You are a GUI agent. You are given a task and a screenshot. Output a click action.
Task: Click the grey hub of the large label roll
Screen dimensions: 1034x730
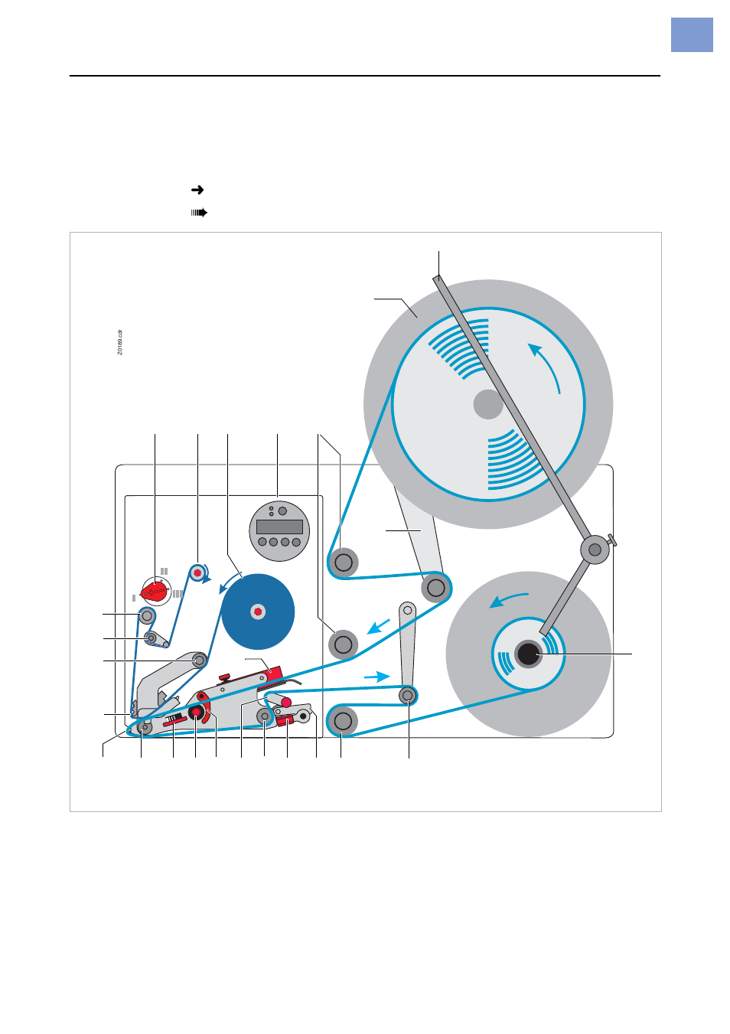pyautogui.click(x=488, y=404)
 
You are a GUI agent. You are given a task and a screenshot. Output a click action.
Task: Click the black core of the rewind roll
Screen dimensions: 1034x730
pyautogui.click(x=528, y=654)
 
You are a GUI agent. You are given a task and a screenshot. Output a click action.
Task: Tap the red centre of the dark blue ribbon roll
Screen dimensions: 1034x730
pyautogui.click(x=258, y=612)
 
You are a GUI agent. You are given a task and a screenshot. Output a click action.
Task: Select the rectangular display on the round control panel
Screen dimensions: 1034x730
pyautogui.click(x=279, y=527)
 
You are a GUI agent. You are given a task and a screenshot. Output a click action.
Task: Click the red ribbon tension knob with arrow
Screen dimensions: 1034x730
pyautogui.click(x=156, y=591)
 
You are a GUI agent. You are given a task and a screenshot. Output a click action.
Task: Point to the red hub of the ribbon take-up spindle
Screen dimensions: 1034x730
pyautogui.click(x=197, y=572)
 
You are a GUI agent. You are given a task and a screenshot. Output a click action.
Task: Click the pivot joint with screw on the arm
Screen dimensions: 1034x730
pyautogui.click(x=595, y=549)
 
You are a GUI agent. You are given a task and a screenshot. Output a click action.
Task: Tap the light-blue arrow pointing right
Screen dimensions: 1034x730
pyautogui.click(x=376, y=677)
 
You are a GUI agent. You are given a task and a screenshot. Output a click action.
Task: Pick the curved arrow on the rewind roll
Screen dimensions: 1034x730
pyautogui.click(x=508, y=599)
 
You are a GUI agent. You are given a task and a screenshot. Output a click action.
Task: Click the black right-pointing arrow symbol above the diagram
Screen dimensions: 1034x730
pyautogui.click(x=197, y=190)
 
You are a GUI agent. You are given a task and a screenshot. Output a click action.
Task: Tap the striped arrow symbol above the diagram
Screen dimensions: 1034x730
pyautogui.click(x=199, y=213)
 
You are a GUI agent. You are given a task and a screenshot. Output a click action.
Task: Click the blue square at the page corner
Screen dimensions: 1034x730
pyautogui.click(x=692, y=35)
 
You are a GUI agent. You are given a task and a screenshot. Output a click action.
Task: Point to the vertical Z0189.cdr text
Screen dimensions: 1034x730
pyautogui.click(x=120, y=342)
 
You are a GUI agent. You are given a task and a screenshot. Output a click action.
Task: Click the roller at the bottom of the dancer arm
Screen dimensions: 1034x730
pyautogui.click(x=408, y=695)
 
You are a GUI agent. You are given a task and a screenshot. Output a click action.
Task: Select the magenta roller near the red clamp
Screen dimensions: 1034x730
pyautogui.click(x=285, y=702)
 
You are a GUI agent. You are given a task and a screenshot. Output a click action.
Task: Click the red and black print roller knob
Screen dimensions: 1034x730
pyautogui.click(x=196, y=713)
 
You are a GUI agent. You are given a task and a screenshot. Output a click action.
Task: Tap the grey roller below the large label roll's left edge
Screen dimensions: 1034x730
pyautogui.click(x=344, y=563)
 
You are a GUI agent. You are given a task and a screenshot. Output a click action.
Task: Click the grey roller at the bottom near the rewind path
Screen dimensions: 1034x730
pyautogui.click(x=343, y=720)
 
